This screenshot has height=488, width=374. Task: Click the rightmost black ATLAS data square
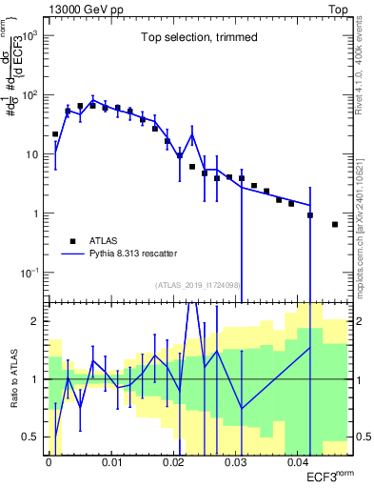click(335, 225)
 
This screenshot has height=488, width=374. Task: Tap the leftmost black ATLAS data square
click(55, 134)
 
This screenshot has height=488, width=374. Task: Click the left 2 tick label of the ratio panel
click(36, 322)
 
